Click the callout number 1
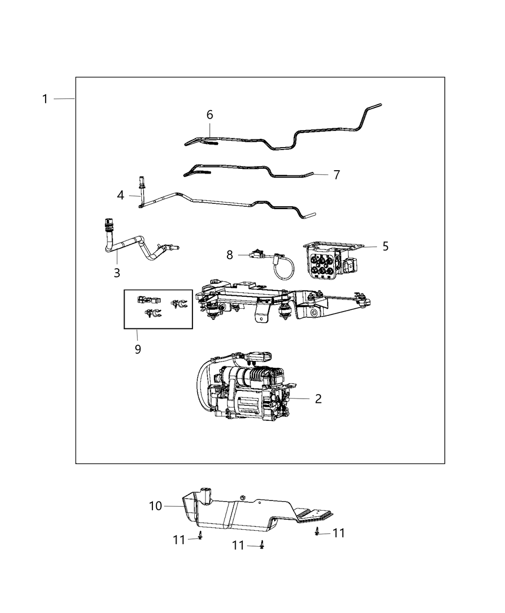[x=45, y=99]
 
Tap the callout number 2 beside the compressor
[x=318, y=399]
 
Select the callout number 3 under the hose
[x=117, y=273]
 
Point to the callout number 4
[x=121, y=195]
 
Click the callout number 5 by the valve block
[x=385, y=246]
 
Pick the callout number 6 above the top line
[x=210, y=115]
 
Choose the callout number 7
[x=337, y=175]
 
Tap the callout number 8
[x=230, y=255]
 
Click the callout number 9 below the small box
[x=138, y=349]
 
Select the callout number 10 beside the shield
[x=155, y=506]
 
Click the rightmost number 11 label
[x=339, y=533]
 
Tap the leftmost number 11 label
[x=179, y=540]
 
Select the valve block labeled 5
[x=327, y=262]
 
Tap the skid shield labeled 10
[x=240, y=514]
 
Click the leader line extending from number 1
[x=63, y=99]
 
